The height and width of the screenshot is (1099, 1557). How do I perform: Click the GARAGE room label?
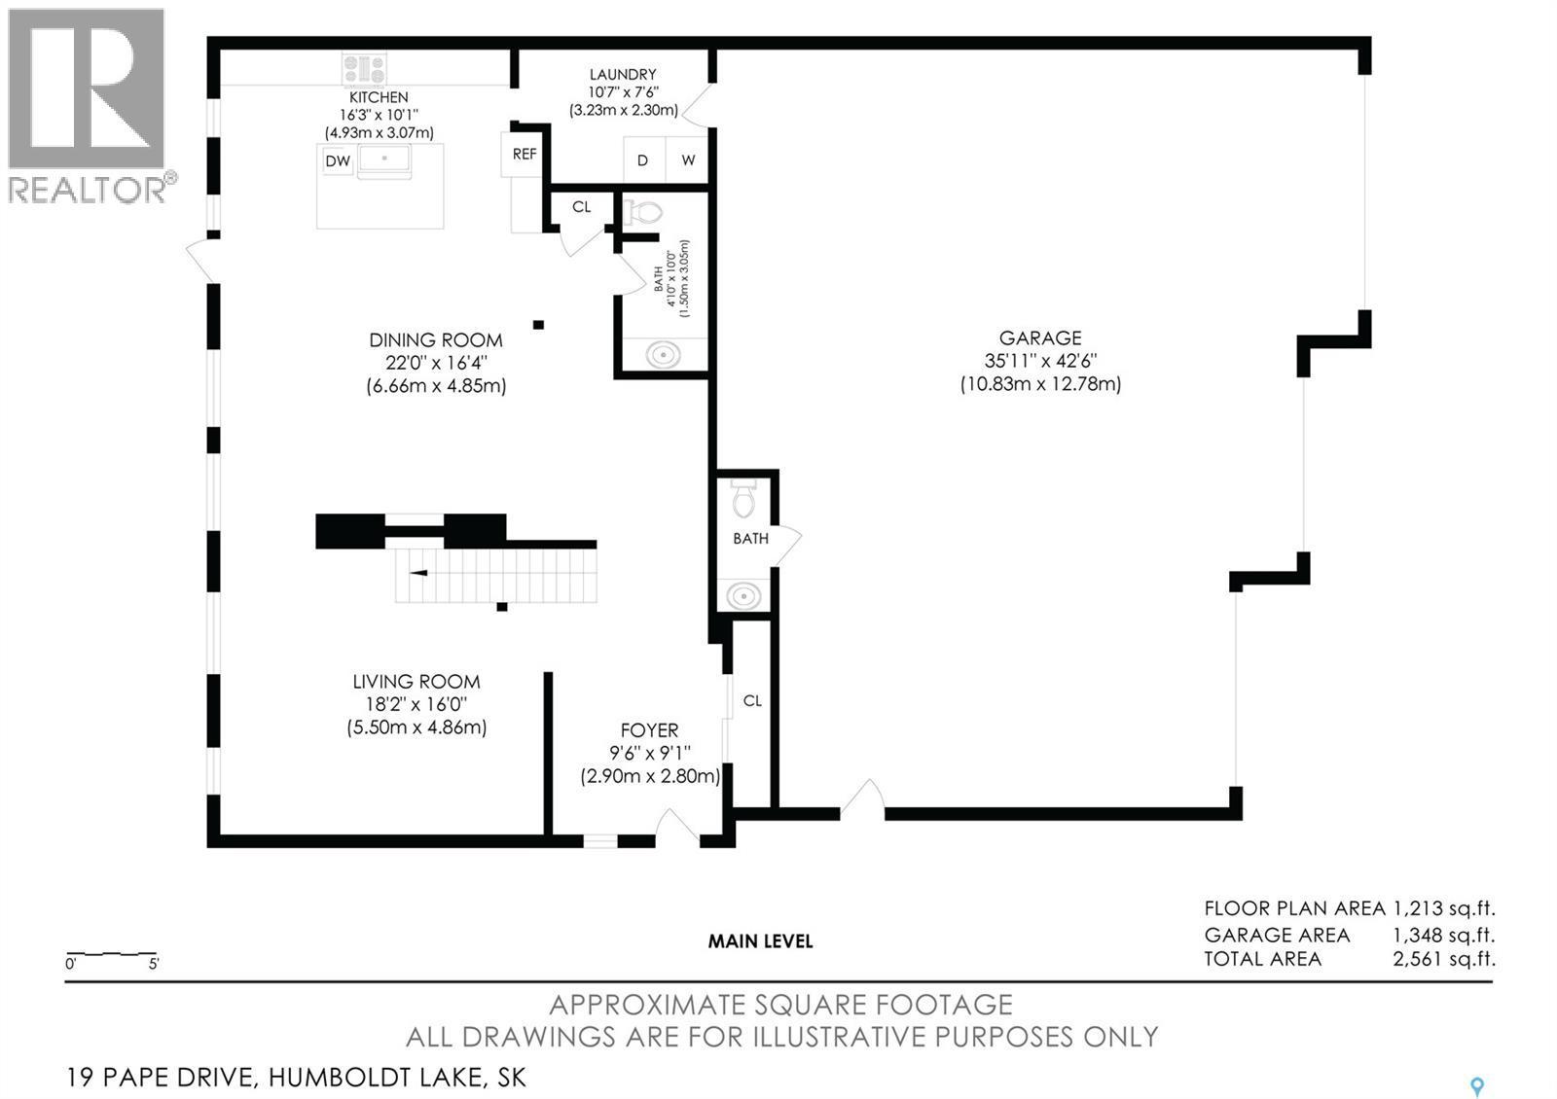click(x=1040, y=338)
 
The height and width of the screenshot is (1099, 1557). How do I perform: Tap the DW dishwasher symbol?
click(x=338, y=161)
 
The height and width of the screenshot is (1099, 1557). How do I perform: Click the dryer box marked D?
click(x=643, y=160)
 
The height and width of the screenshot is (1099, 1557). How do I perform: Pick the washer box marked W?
click(x=687, y=160)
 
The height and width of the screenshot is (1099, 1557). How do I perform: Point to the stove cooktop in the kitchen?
click(x=364, y=69)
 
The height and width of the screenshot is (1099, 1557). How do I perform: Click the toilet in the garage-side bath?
click(x=743, y=498)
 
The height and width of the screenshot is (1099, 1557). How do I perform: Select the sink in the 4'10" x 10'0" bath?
click(x=663, y=356)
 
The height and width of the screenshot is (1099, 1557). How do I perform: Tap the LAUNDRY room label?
click(x=623, y=74)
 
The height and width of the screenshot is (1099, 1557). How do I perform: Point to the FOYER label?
click(x=649, y=730)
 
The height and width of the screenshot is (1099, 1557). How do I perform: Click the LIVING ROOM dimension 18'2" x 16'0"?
click(x=416, y=704)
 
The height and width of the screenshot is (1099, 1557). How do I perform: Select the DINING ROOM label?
click(x=436, y=340)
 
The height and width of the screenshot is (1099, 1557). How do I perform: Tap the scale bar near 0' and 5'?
click(x=111, y=954)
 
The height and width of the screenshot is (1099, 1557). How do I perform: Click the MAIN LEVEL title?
click(x=760, y=941)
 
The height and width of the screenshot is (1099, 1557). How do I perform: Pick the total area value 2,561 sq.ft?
click(x=1444, y=959)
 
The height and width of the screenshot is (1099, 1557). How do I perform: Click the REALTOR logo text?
click(x=88, y=190)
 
